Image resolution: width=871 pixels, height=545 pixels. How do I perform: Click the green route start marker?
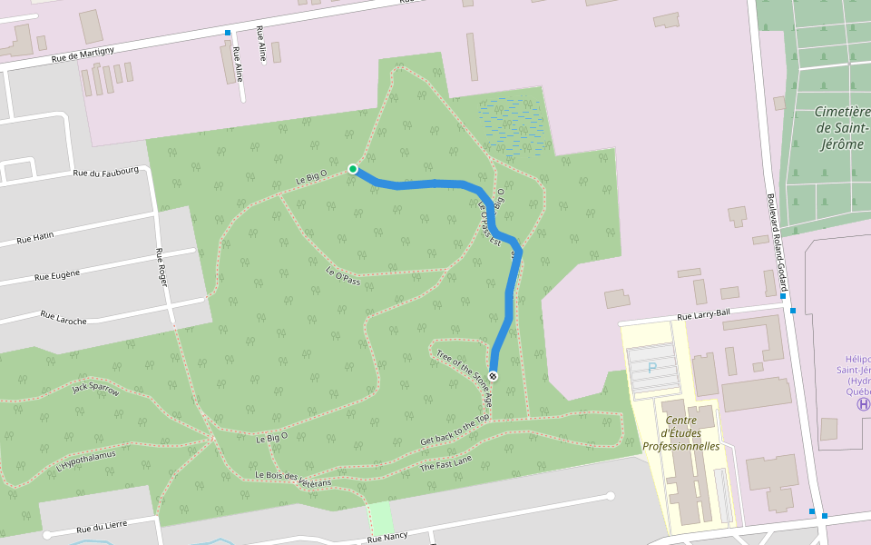pos(352,169)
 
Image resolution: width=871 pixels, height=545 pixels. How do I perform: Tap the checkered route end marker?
pos(494,375)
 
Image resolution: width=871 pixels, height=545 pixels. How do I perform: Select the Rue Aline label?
pos(239,64)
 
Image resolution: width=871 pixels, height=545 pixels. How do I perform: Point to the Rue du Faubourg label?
pos(106,172)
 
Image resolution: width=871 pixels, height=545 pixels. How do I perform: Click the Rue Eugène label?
pos(57,273)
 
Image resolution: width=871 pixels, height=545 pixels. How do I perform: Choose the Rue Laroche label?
pos(64,315)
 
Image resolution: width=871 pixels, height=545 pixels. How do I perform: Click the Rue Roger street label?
pos(162,268)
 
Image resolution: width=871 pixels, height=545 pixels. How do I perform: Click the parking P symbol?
pos(651,368)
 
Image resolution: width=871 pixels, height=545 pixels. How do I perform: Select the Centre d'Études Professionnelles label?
pos(680,433)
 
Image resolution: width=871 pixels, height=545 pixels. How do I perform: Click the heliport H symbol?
pos(863,403)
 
